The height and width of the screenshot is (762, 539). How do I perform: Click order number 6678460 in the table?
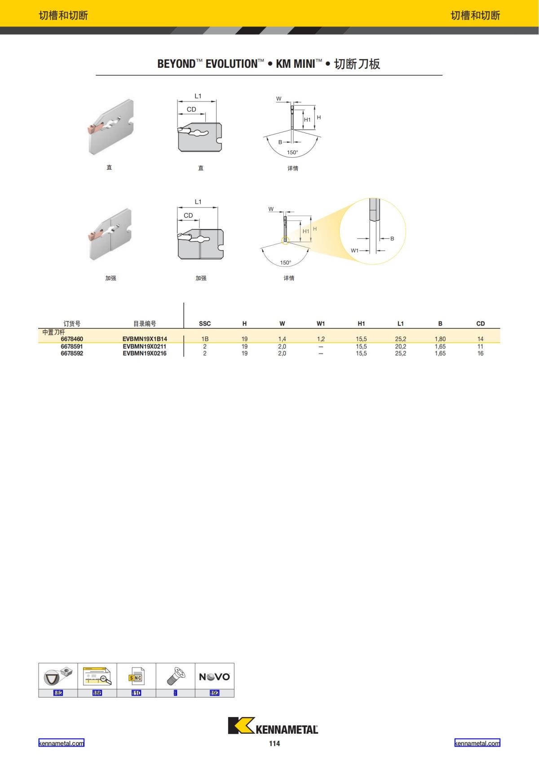coord(72,339)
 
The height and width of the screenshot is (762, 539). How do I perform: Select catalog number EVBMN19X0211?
coord(145,347)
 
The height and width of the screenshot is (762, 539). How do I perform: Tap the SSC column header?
coord(205,324)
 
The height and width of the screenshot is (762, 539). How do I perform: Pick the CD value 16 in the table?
coord(480,353)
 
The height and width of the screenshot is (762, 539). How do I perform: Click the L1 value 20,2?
coord(401,347)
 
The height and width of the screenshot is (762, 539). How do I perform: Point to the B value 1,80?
coord(440,339)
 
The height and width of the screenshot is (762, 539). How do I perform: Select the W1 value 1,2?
coord(321,339)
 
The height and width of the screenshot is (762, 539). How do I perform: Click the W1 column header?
coord(321,324)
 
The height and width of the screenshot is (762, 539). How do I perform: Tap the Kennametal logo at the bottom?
coord(273,726)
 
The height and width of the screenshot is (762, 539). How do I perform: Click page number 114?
coord(274,744)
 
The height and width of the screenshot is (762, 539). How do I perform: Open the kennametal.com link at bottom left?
coord(61,743)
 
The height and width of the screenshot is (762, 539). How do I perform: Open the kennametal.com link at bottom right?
coord(477,743)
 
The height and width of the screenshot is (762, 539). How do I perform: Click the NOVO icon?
coord(214,677)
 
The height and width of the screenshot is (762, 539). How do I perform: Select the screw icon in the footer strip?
coord(175,676)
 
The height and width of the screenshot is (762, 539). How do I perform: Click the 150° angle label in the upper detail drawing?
coord(292,153)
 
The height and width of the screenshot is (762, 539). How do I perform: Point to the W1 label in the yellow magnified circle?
coord(355,251)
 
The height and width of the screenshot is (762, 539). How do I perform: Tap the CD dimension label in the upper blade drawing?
coord(191,110)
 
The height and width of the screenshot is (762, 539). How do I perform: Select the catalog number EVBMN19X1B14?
coord(145,339)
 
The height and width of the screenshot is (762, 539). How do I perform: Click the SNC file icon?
coord(136,677)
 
